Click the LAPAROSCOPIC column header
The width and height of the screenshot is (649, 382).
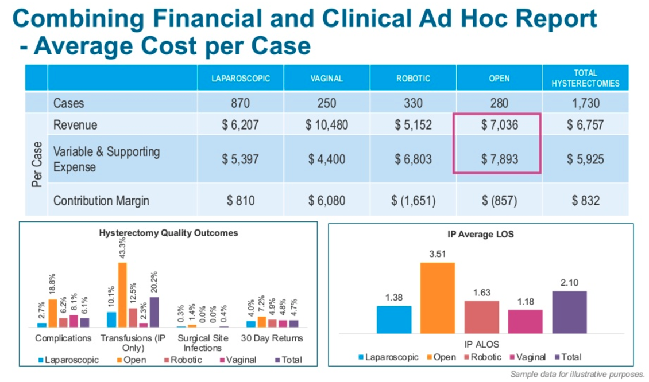(x=241, y=79)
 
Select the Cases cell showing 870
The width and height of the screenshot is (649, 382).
(x=241, y=103)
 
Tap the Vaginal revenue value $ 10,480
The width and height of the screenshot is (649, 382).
(x=326, y=125)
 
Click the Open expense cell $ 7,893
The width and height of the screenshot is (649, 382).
(x=499, y=159)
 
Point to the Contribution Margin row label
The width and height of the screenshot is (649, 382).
(x=101, y=201)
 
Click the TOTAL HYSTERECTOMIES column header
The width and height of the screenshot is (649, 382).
(x=585, y=79)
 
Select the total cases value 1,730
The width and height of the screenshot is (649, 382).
(x=585, y=103)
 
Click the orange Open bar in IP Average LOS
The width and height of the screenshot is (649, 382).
(x=438, y=298)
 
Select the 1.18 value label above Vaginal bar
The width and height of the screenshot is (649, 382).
(x=525, y=300)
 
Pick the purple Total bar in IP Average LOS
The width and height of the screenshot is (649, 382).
(x=569, y=312)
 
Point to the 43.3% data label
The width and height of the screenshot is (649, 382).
(x=122, y=248)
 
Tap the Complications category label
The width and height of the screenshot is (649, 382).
(x=63, y=338)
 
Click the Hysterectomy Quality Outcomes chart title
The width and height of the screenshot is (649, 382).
(x=168, y=233)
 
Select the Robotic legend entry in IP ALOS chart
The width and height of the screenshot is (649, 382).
(x=486, y=357)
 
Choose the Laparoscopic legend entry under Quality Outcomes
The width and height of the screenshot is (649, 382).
(x=68, y=360)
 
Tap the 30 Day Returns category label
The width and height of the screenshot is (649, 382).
(x=272, y=338)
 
